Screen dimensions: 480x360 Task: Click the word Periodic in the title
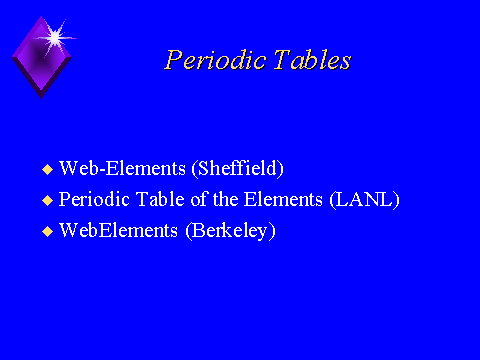[215, 60]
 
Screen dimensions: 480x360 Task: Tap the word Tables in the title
[312, 60]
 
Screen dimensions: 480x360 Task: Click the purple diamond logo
[41, 57]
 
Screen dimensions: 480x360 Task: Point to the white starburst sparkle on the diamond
[55, 38]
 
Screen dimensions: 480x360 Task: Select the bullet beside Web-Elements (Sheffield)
[48, 169]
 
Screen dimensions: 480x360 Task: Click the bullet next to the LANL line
[48, 200]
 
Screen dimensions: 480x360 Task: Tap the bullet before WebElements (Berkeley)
[48, 231]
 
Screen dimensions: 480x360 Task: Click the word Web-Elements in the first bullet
[122, 168]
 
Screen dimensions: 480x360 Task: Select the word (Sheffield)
[238, 168]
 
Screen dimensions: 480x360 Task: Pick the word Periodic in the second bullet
[94, 200]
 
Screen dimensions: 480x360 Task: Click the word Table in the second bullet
[160, 199]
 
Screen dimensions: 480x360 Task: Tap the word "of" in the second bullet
[200, 199]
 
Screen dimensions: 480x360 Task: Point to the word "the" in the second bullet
[225, 199]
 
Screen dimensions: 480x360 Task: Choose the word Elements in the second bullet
[283, 199]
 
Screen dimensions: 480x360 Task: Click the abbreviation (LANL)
[364, 200]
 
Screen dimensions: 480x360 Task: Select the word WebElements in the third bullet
[118, 230]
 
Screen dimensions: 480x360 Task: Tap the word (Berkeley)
[230, 231]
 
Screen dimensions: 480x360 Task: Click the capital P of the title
[173, 60]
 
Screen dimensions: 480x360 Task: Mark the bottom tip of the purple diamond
[41, 99]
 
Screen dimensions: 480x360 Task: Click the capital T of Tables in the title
[282, 60]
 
